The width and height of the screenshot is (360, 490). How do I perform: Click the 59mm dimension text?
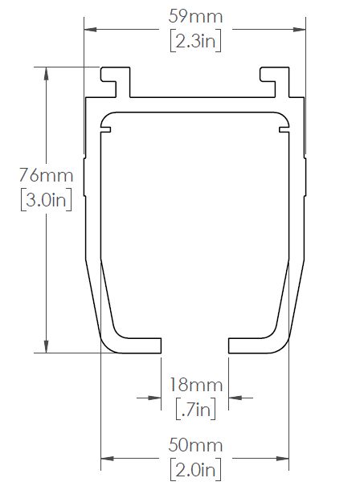195,17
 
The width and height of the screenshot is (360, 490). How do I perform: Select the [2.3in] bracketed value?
196,41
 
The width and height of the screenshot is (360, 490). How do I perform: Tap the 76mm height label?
47,175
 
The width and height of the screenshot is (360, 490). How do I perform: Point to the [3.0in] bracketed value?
47,199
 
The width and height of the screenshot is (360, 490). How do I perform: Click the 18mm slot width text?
196,385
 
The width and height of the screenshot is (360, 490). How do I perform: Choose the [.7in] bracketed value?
196,409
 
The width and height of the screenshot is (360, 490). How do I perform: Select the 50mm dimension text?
195,445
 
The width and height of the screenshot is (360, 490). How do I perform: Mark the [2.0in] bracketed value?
196,469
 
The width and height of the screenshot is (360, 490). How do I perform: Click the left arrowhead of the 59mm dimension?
90,30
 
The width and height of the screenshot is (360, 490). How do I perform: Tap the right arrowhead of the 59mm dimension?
299,30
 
